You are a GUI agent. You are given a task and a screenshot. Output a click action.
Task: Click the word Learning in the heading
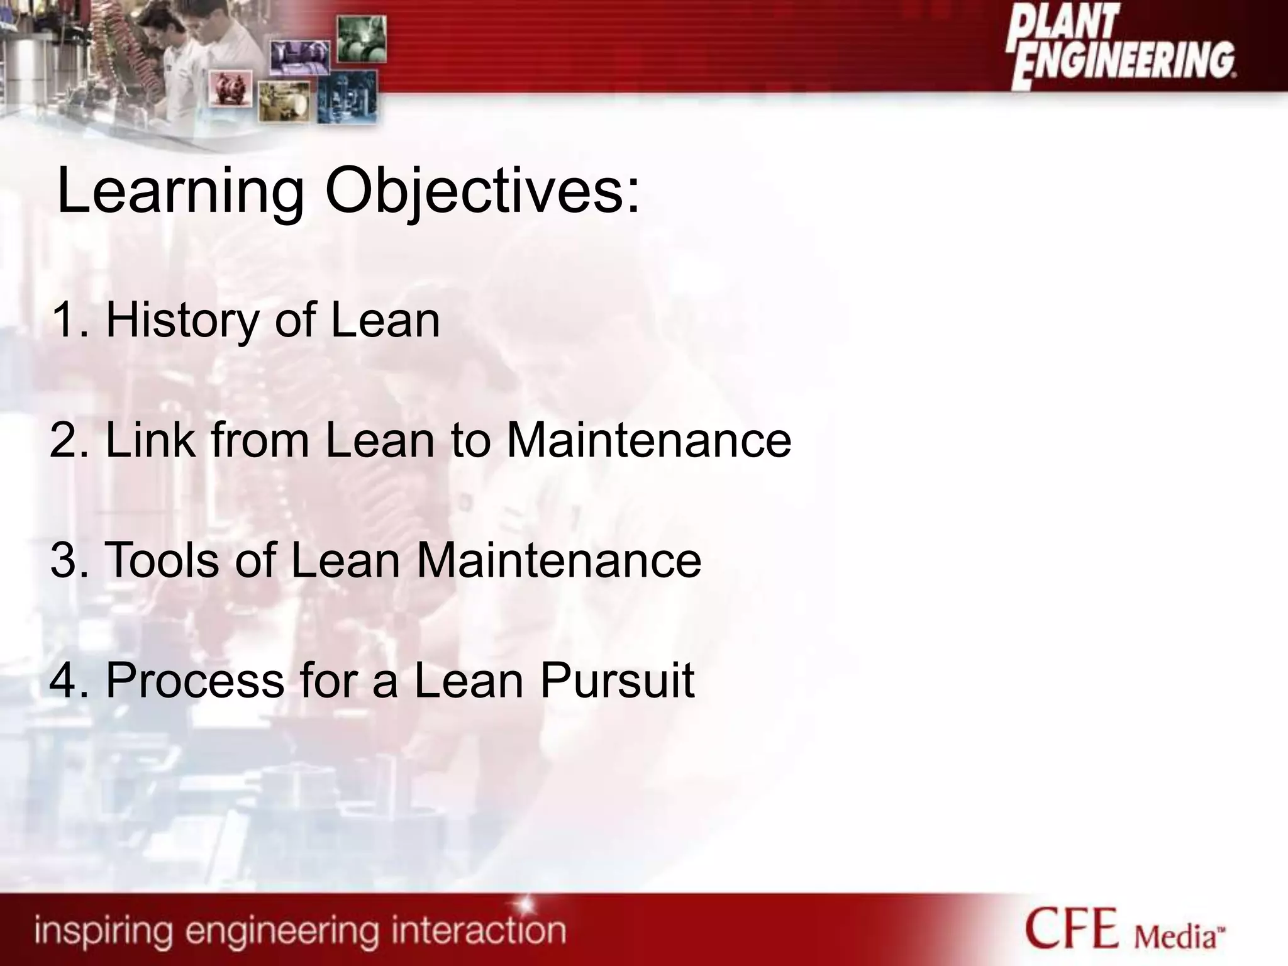click(x=180, y=192)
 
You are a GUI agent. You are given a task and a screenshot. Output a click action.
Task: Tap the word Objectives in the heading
click(x=482, y=192)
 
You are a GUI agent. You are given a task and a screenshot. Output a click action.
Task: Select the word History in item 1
click(x=182, y=321)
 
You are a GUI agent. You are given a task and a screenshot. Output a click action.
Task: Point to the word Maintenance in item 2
click(x=648, y=440)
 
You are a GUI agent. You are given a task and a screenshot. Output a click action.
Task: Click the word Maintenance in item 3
click(x=558, y=560)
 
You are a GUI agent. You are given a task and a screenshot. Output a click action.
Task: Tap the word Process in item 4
click(x=195, y=680)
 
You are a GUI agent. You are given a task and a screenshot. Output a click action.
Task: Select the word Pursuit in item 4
click(x=617, y=680)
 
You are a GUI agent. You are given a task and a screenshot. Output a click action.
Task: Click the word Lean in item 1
click(x=385, y=321)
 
